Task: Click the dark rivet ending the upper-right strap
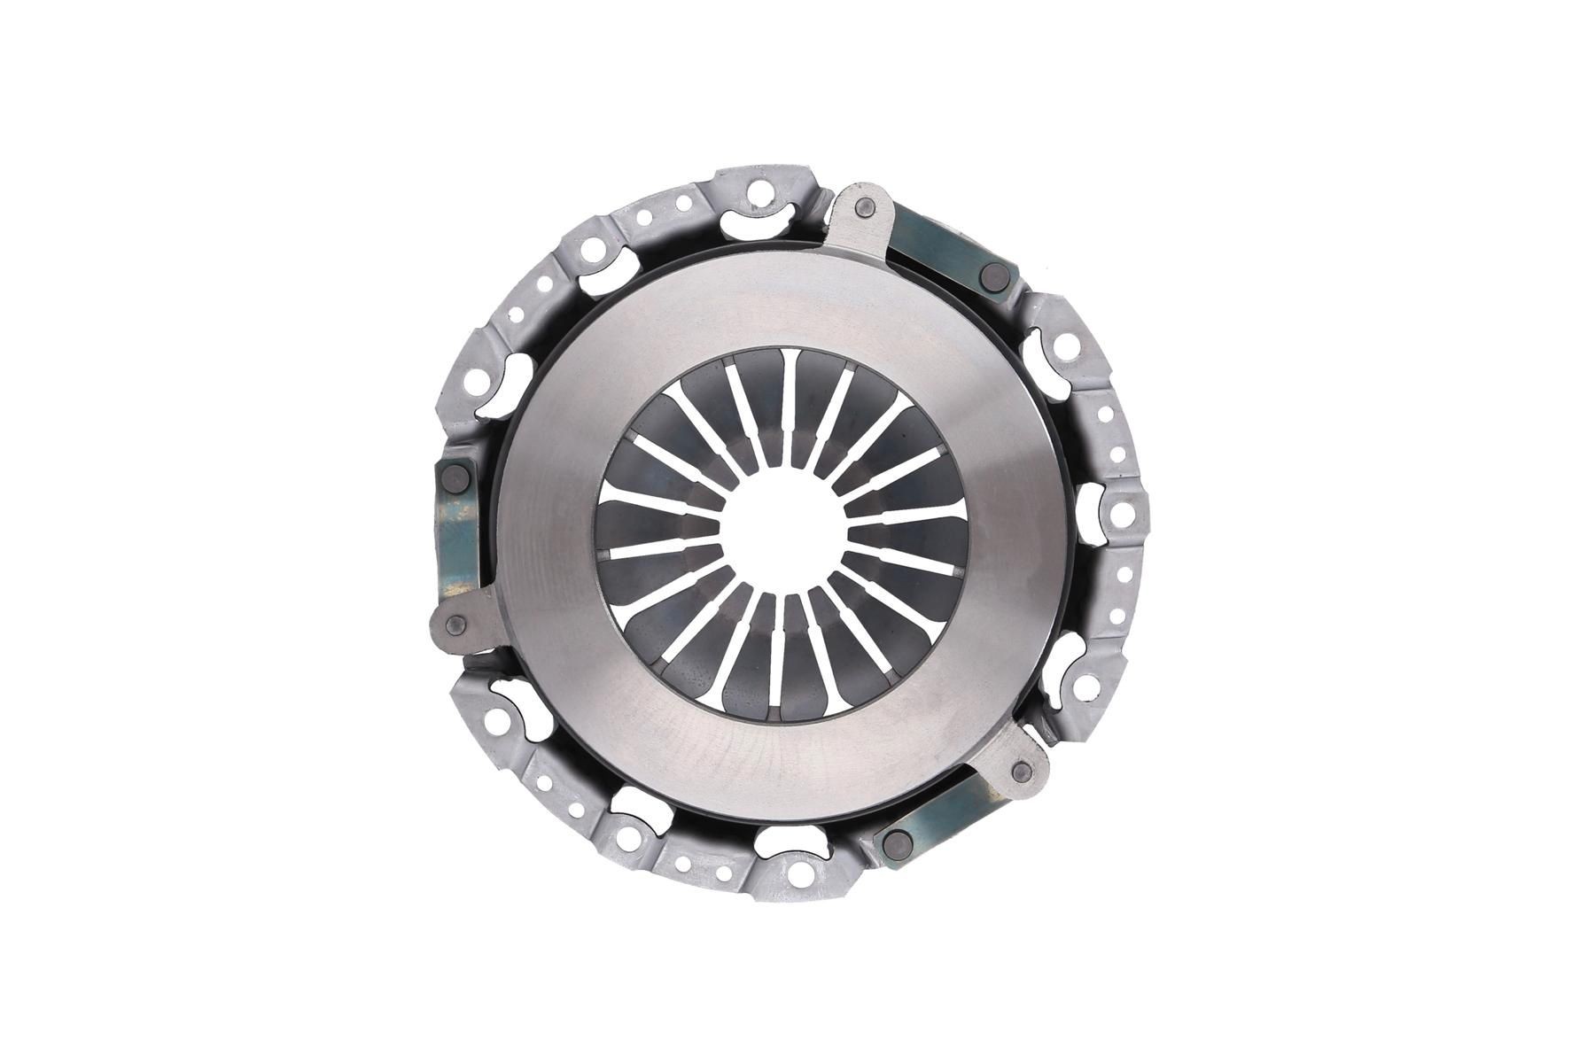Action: pyautogui.click(x=992, y=277)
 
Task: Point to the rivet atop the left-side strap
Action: pyautogui.click(x=457, y=478)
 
